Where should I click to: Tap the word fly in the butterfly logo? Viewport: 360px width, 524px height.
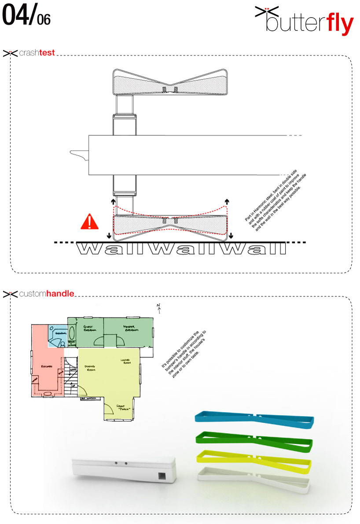pyautogui.click(x=340, y=25)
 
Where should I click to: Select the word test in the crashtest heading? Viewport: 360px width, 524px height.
pyautogui.click(x=47, y=53)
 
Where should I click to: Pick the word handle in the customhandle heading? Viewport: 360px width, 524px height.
pyautogui.click(x=60, y=293)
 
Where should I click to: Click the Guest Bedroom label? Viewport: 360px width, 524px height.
pyautogui.click(x=90, y=328)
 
